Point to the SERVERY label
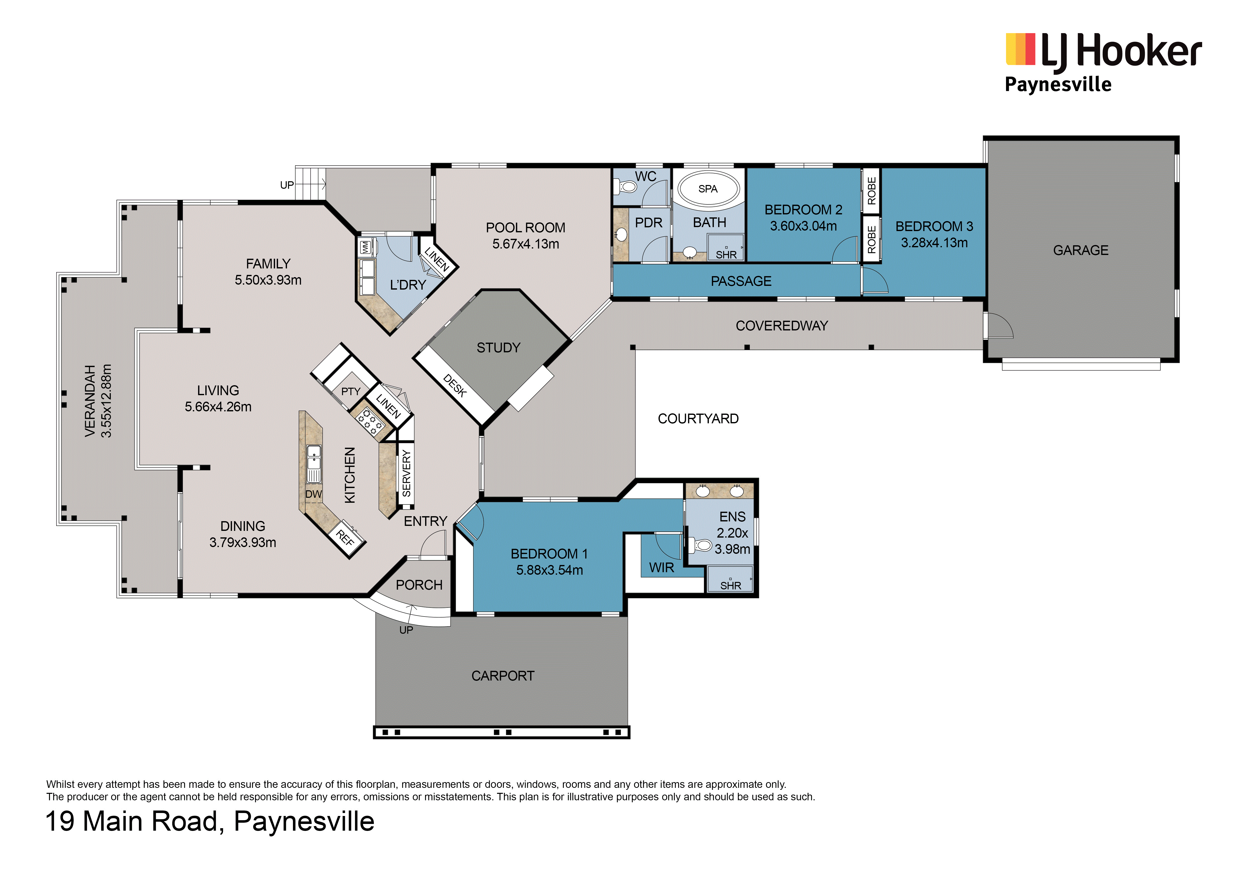(406, 474)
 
